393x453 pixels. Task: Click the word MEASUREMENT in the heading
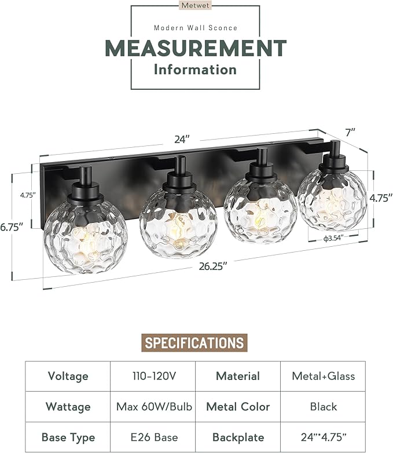click(x=196, y=48)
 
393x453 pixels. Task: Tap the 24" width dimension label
click(x=182, y=139)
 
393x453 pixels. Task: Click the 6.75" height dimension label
click(x=12, y=227)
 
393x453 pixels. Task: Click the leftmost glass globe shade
click(x=85, y=234)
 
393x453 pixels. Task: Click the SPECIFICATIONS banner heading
click(x=194, y=342)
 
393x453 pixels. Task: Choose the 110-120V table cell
click(x=152, y=376)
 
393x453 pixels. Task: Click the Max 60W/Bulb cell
click(x=152, y=407)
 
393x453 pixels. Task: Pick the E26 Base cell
click(x=152, y=437)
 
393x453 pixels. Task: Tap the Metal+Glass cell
click(x=323, y=376)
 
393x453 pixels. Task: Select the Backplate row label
click(x=237, y=437)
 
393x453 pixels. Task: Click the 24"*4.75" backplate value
click(x=323, y=437)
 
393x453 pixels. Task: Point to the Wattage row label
click(x=68, y=407)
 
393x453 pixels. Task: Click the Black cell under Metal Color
click(x=323, y=407)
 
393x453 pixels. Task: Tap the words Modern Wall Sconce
click(x=196, y=27)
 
